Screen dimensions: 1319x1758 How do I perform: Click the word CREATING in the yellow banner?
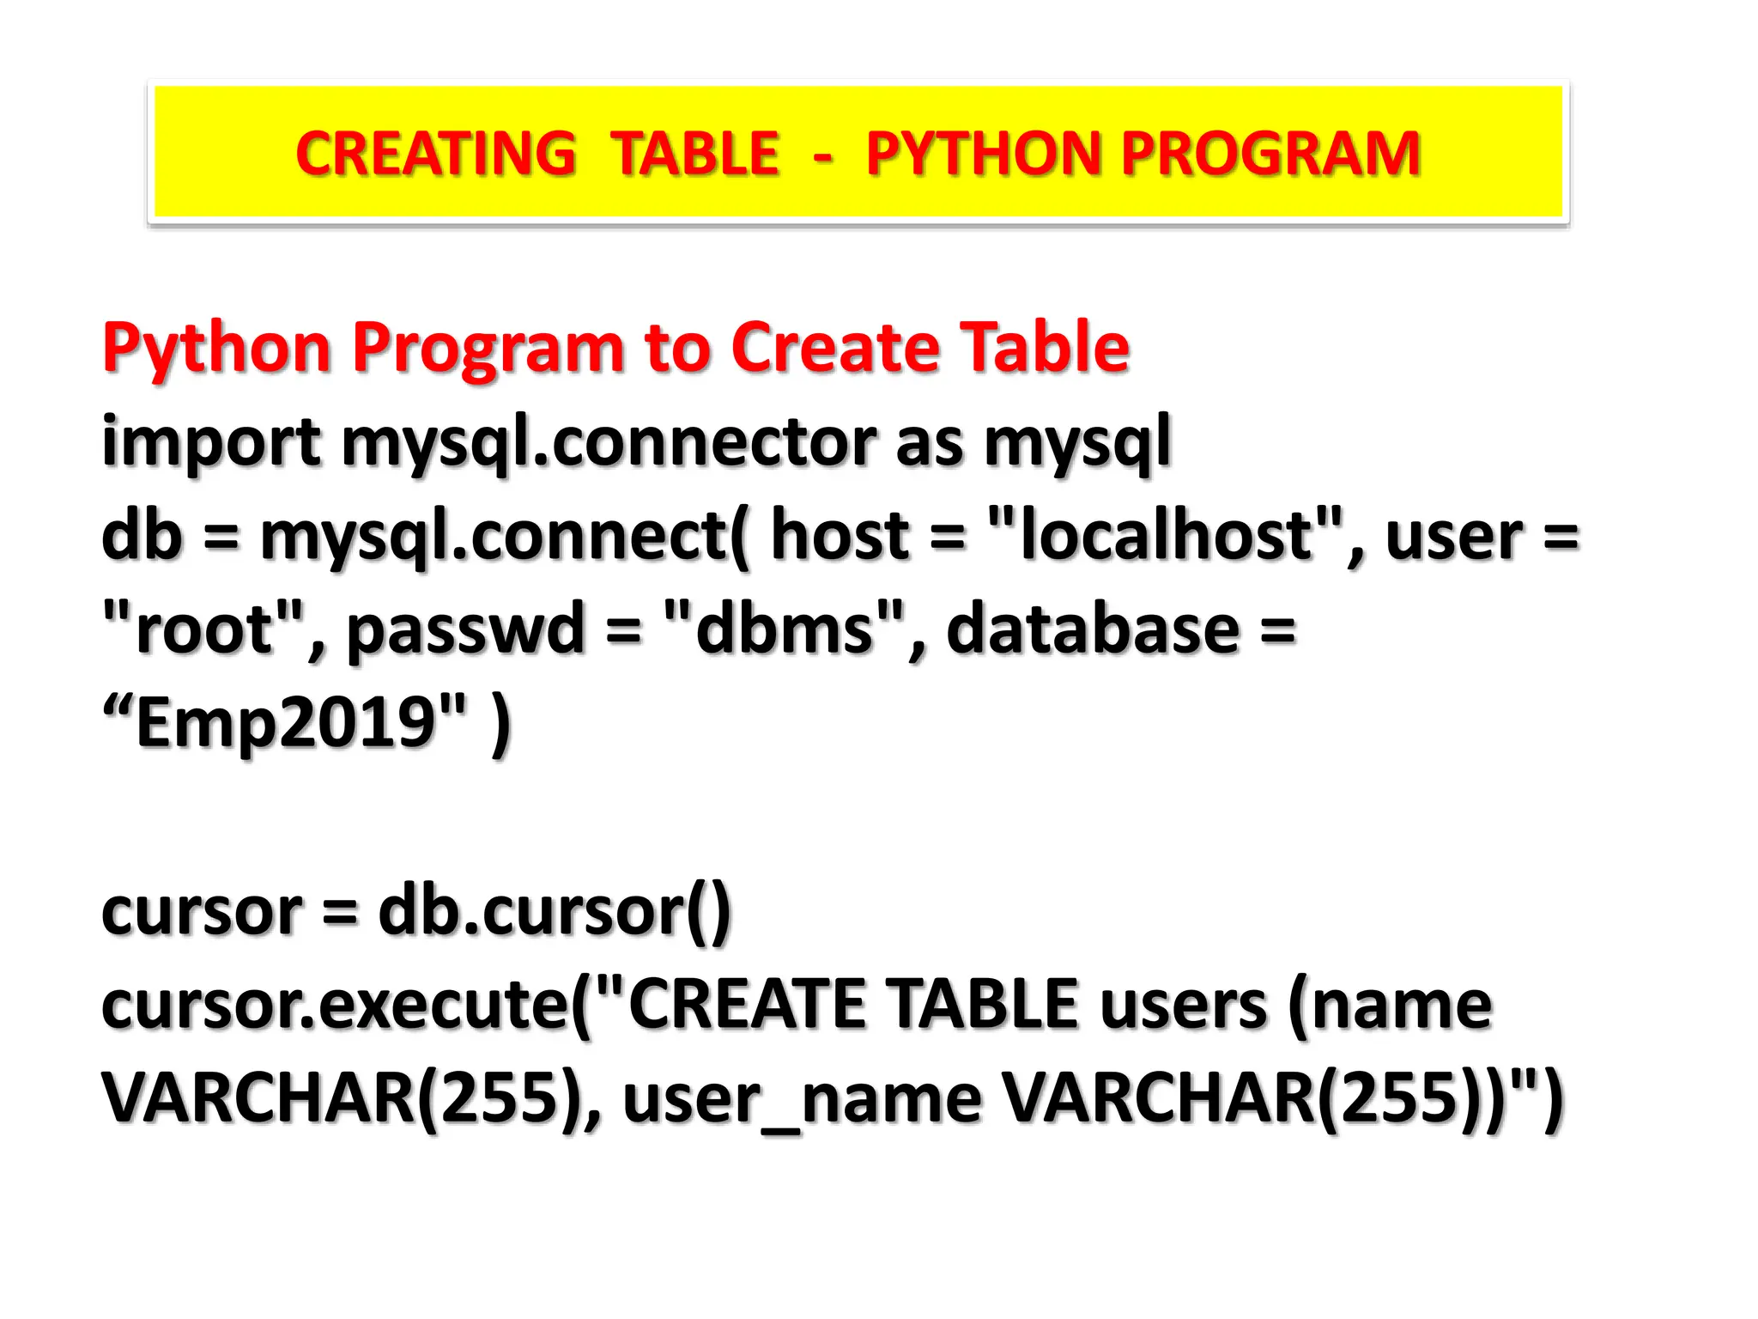coord(435,154)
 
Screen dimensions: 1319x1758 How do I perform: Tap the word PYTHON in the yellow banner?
coord(983,154)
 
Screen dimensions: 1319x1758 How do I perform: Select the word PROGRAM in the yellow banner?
coord(1270,154)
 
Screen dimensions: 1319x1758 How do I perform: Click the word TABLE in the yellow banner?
coord(694,154)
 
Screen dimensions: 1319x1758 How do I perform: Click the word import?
coord(211,442)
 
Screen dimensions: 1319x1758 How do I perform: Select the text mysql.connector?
coord(609,442)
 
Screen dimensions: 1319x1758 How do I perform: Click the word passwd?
coord(464,631)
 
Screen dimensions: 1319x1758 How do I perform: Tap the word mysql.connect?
coord(494,537)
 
